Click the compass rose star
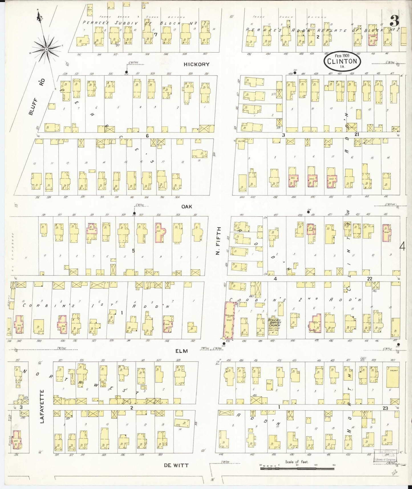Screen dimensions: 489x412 pyautogui.click(x=46, y=49)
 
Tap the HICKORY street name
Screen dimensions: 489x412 pyautogui.click(x=196, y=64)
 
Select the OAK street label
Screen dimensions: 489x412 pyautogui.click(x=187, y=206)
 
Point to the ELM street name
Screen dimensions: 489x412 pyautogui.click(x=182, y=351)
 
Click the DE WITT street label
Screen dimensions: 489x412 pyautogui.click(x=176, y=465)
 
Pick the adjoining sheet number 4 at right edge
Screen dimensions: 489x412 pyautogui.click(x=402, y=246)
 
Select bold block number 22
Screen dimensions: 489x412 pyautogui.click(x=370, y=278)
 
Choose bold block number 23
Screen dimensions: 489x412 pyautogui.click(x=385, y=408)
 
